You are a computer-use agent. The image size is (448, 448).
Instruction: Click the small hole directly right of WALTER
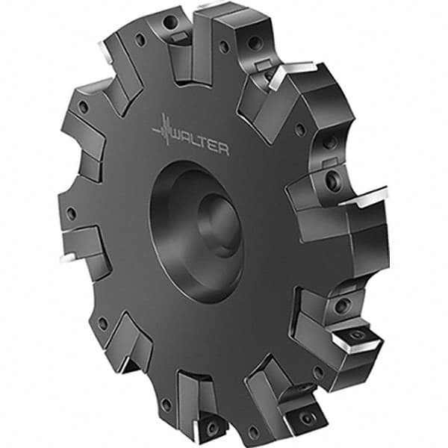click(300, 129)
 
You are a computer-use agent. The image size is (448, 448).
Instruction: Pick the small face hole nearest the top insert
click(223, 46)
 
